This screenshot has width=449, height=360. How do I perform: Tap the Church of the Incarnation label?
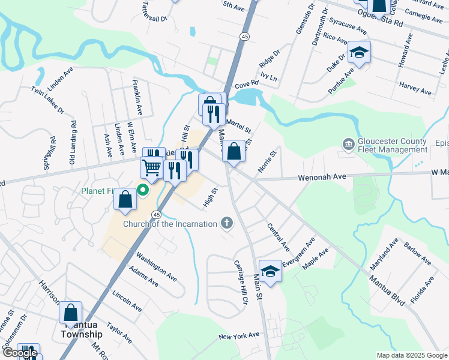pyautogui.click(x=170, y=224)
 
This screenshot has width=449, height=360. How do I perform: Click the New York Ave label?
pyautogui.click(x=238, y=335)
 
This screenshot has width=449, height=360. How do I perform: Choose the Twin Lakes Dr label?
pyautogui.click(x=46, y=106)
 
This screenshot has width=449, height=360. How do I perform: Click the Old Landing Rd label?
pyautogui.click(x=73, y=143)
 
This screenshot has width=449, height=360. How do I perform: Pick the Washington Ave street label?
pyautogui.click(x=155, y=266)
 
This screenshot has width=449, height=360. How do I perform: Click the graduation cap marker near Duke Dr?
pyautogui.click(x=360, y=53)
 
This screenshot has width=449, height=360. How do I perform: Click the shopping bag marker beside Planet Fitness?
pyautogui.click(x=125, y=199)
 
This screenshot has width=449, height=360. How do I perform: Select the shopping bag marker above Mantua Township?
pyautogui.click(x=70, y=312)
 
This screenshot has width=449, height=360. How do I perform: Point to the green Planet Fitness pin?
pyautogui.click(x=143, y=191)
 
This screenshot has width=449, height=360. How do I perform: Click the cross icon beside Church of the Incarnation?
pyautogui.click(x=226, y=224)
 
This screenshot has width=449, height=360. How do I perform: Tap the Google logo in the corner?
pyautogui.click(x=20, y=353)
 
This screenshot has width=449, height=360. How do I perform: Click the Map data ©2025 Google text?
pyautogui.click(x=411, y=355)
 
